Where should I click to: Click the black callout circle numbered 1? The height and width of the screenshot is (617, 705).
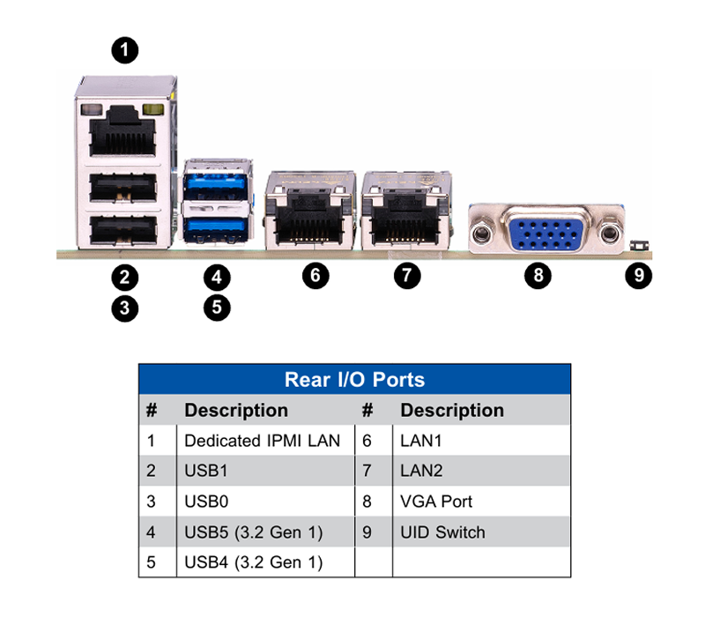125,50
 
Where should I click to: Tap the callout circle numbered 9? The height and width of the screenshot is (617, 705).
638,275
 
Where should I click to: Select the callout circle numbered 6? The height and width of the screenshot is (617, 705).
315,275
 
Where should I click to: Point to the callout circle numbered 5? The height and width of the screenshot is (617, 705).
217,308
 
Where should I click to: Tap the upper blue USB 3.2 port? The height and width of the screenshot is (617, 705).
216,186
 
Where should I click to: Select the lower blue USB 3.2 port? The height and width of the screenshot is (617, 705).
216,228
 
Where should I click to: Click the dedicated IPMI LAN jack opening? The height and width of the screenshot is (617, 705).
122,132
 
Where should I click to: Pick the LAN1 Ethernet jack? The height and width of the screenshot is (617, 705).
310,211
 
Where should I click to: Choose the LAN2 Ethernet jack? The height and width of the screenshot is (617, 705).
406,211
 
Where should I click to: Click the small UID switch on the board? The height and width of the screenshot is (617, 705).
639,246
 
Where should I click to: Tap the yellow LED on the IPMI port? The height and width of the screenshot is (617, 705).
152,109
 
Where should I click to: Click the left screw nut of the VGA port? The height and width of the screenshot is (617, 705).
481,234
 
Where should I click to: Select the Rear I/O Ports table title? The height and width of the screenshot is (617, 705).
355,380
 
